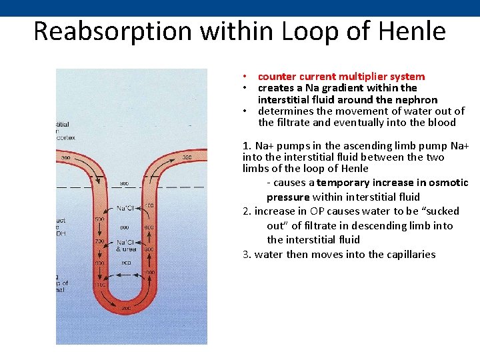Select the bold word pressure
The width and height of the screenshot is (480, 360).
[288, 197]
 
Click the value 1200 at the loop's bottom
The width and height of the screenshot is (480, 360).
[126, 309]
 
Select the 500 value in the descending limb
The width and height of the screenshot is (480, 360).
[99, 219]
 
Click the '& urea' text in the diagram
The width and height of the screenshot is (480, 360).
[126, 249]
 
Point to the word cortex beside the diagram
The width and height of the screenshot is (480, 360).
[66, 137]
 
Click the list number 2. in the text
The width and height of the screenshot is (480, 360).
[247, 211]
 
